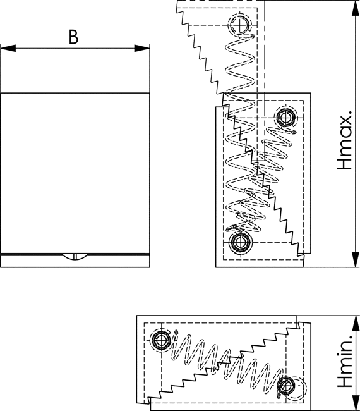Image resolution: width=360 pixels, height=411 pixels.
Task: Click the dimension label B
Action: pos(73,37)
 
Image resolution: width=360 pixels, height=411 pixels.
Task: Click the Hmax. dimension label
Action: pos(344,140)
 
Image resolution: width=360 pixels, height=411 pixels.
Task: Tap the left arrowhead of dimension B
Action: pos(8,48)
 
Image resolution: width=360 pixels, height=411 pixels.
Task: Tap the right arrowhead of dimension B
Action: pos(142,48)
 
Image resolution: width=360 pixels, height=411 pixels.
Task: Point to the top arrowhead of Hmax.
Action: pos(356,8)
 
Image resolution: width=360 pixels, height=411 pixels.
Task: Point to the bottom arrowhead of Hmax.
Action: pos(356,259)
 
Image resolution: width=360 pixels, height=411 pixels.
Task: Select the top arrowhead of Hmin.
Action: pos(356,324)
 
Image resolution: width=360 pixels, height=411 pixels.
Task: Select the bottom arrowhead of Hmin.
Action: pos(356,403)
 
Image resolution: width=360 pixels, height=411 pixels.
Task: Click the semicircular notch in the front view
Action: pos(75,257)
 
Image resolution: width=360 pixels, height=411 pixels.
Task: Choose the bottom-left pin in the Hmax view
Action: pos(239,243)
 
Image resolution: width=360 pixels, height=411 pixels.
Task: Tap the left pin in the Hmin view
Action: pos(161,340)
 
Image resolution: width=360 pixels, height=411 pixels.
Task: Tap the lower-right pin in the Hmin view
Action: pos(286,386)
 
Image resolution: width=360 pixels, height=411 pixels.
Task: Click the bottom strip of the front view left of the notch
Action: pos(32,261)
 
